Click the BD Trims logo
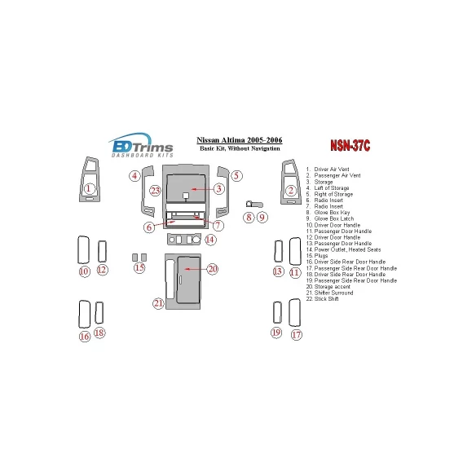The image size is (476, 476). pos(140,144)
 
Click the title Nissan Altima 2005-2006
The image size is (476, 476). pos(241,139)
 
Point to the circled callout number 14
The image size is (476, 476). pos(210,240)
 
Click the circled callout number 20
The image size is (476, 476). pos(213,268)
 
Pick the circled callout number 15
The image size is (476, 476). pos(139,268)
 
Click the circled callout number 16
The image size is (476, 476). pos(84,336)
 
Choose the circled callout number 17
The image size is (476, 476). pos(296,334)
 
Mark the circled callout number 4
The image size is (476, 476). pos(134,175)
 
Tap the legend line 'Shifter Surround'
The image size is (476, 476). pos(330,293)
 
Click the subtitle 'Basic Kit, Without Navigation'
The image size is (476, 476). pos(241,149)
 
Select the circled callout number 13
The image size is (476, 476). pos(278,271)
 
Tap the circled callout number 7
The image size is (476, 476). pos(218,225)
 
